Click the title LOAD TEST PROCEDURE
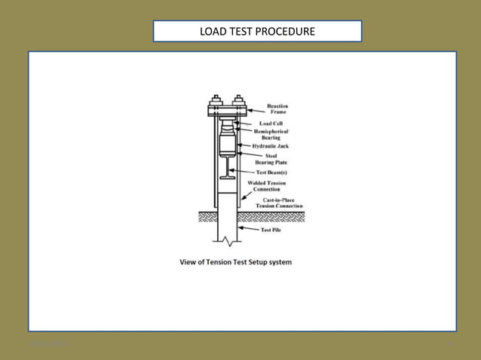click(x=257, y=32)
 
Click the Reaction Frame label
click(x=277, y=109)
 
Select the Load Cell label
click(x=271, y=123)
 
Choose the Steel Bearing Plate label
click(x=276, y=159)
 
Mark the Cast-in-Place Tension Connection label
click(x=279, y=202)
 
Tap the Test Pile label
click(x=271, y=230)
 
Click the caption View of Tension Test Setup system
click(x=235, y=262)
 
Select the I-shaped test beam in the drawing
click(x=227, y=168)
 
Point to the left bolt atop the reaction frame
click(x=216, y=99)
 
